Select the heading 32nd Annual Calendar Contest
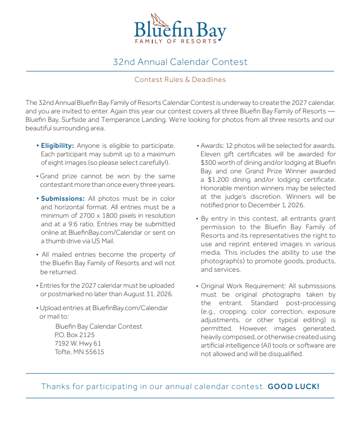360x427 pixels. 180,62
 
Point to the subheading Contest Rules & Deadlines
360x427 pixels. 180,79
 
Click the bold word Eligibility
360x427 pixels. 57,145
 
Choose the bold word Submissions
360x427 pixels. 62,198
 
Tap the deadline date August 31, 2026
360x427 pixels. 147,294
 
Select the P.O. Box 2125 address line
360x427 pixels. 74,335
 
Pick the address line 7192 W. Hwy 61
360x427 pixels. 77,343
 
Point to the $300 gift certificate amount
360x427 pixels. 209,162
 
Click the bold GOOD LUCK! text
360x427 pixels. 293,386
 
